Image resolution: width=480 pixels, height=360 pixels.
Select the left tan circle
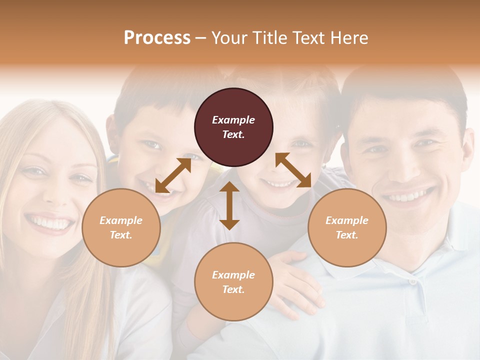(x=121, y=227)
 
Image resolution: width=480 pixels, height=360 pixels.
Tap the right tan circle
(x=347, y=227)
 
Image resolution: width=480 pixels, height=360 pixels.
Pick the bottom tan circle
(x=233, y=282)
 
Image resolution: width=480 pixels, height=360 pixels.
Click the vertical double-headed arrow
(x=229, y=205)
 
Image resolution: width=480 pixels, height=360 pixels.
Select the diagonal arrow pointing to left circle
(x=173, y=175)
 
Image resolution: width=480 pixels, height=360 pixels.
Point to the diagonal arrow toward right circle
(x=293, y=170)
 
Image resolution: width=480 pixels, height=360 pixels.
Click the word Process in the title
(x=157, y=37)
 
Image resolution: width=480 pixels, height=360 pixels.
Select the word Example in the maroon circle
(x=233, y=120)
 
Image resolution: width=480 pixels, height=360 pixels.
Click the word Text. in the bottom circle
(x=233, y=289)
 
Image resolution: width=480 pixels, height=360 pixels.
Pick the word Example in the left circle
(x=121, y=220)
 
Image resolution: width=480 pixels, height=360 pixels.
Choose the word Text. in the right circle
(x=347, y=235)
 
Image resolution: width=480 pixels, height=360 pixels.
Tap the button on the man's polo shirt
(x=412, y=281)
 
